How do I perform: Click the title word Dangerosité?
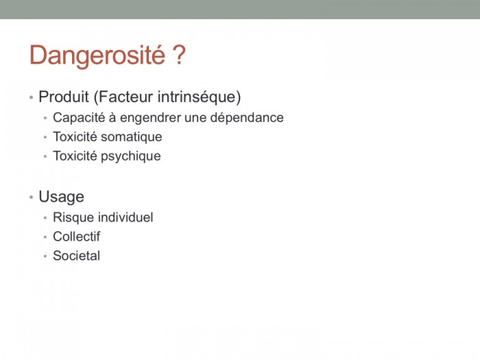pos(97,56)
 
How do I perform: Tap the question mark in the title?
pos(179,54)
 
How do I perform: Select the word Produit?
pos(64,97)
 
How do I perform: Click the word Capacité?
pos(79,118)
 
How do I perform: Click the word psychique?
pos(131,156)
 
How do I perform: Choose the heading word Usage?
pos(61,197)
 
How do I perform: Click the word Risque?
pos(73,217)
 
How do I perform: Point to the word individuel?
pos(125,217)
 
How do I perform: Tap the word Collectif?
pos(77,237)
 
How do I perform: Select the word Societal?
pos(77,256)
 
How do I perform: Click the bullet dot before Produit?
pos(32,97)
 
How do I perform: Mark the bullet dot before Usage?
pos(32,197)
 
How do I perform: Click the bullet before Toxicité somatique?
pos(45,137)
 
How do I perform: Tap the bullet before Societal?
pos(45,256)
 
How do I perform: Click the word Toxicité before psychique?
pos(75,156)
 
